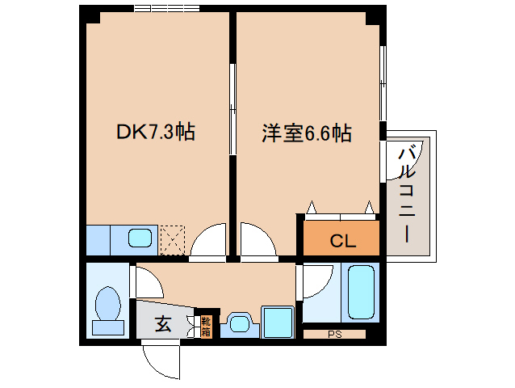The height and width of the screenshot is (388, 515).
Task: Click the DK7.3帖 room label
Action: tap(155, 132)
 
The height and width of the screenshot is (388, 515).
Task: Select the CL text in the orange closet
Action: tap(342, 241)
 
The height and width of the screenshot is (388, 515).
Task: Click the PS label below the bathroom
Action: tap(334, 334)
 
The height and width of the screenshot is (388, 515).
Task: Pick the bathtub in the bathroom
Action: tap(360, 293)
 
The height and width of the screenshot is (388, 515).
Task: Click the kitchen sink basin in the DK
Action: tap(140, 239)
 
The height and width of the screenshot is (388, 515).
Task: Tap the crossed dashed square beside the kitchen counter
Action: tap(173, 239)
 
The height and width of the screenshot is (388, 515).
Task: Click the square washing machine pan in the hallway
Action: tap(278, 322)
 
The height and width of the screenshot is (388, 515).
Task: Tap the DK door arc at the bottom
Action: tap(205, 241)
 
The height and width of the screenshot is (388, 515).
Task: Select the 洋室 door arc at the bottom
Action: tap(257, 241)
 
